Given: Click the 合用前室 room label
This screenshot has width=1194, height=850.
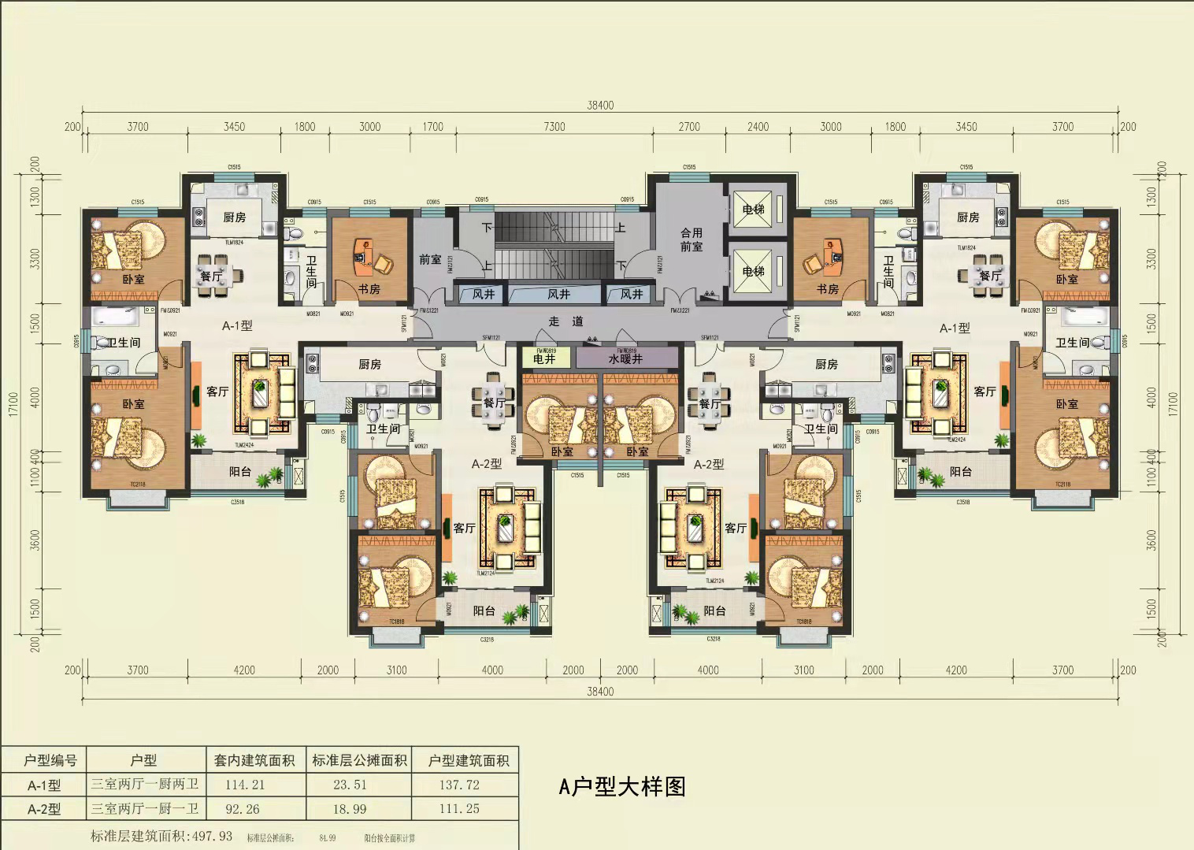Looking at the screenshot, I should pyautogui.click(x=692, y=239).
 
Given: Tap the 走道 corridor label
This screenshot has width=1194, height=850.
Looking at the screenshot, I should pyautogui.click(x=566, y=321).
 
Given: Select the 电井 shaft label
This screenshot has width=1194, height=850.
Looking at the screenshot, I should pyautogui.click(x=544, y=359).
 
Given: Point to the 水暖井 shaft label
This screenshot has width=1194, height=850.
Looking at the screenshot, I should pyautogui.click(x=625, y=359).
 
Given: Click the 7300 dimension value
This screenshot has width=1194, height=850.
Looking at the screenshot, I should pyautogui.click(x=554, y=127).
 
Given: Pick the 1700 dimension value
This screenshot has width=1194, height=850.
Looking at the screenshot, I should pyautogui.click(x=432, y=127).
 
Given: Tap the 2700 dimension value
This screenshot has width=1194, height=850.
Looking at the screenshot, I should pyautogui.click(x=689, y=127).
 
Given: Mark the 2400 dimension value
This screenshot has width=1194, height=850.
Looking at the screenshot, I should pyautogui.click(x=758, y=127).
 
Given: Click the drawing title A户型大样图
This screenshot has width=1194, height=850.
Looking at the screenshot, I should pyautogui.click(x=622, y=786).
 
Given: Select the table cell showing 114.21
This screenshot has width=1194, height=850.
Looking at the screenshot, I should pyautogui.click(x=245, y=785).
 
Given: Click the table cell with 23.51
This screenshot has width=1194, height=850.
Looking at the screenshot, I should pyautogui.click(x=350, y=785).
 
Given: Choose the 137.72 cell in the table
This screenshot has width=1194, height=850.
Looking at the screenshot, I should pyautogui.click(x=459, y=785).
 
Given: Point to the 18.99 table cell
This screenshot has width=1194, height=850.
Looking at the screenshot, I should pyautogui.click(x=350, y=809).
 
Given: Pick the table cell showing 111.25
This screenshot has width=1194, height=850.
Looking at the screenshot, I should pyautogui.click(x=459, y=809).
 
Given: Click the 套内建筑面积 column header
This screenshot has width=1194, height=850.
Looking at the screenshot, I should pyautogui.click(x=254, y=760).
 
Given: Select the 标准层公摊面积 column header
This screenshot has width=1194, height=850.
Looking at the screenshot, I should pyautogui.click(x=360, y=760).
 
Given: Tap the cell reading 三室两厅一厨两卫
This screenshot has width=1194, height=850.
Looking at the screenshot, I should pyautogui.click(x=145, y=785).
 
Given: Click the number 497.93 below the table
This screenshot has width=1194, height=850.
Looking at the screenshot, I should pyautogui.click(x=212, y=836).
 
